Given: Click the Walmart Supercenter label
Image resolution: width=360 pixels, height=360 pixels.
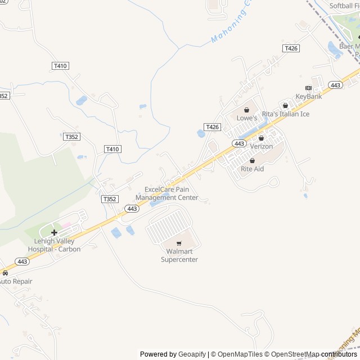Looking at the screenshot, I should click(179, 256).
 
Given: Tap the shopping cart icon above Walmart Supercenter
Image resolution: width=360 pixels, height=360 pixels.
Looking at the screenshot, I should click(179, 244).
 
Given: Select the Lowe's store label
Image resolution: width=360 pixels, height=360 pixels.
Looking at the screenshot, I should click(246, 118).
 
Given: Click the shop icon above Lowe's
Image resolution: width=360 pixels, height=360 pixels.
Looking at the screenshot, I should click(246, 110).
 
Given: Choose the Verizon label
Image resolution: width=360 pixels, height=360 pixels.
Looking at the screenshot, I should click(261, 146).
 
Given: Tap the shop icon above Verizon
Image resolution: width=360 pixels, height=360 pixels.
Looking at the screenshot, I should click(261, 138).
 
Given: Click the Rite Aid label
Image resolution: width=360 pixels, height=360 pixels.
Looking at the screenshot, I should click(252, 169).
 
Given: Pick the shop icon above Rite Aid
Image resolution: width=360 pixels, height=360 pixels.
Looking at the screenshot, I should click(252, 160).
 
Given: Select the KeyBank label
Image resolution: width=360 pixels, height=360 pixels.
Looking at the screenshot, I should click(308, 97).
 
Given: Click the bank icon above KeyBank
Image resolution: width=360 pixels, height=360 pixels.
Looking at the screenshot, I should click(308, 88).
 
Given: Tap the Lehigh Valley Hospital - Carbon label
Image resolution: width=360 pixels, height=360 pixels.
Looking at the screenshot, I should click(54, 245).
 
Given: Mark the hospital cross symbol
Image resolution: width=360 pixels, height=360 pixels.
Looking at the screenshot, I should click(54, 232).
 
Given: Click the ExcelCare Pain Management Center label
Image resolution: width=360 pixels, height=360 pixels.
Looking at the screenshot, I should click(171, 193).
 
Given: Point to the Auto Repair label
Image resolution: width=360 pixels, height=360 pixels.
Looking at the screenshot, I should click(16, 281).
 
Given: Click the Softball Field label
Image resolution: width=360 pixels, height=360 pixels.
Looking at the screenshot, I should click(344, 6).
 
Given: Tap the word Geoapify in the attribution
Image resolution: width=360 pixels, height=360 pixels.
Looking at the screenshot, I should click(192, 354).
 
